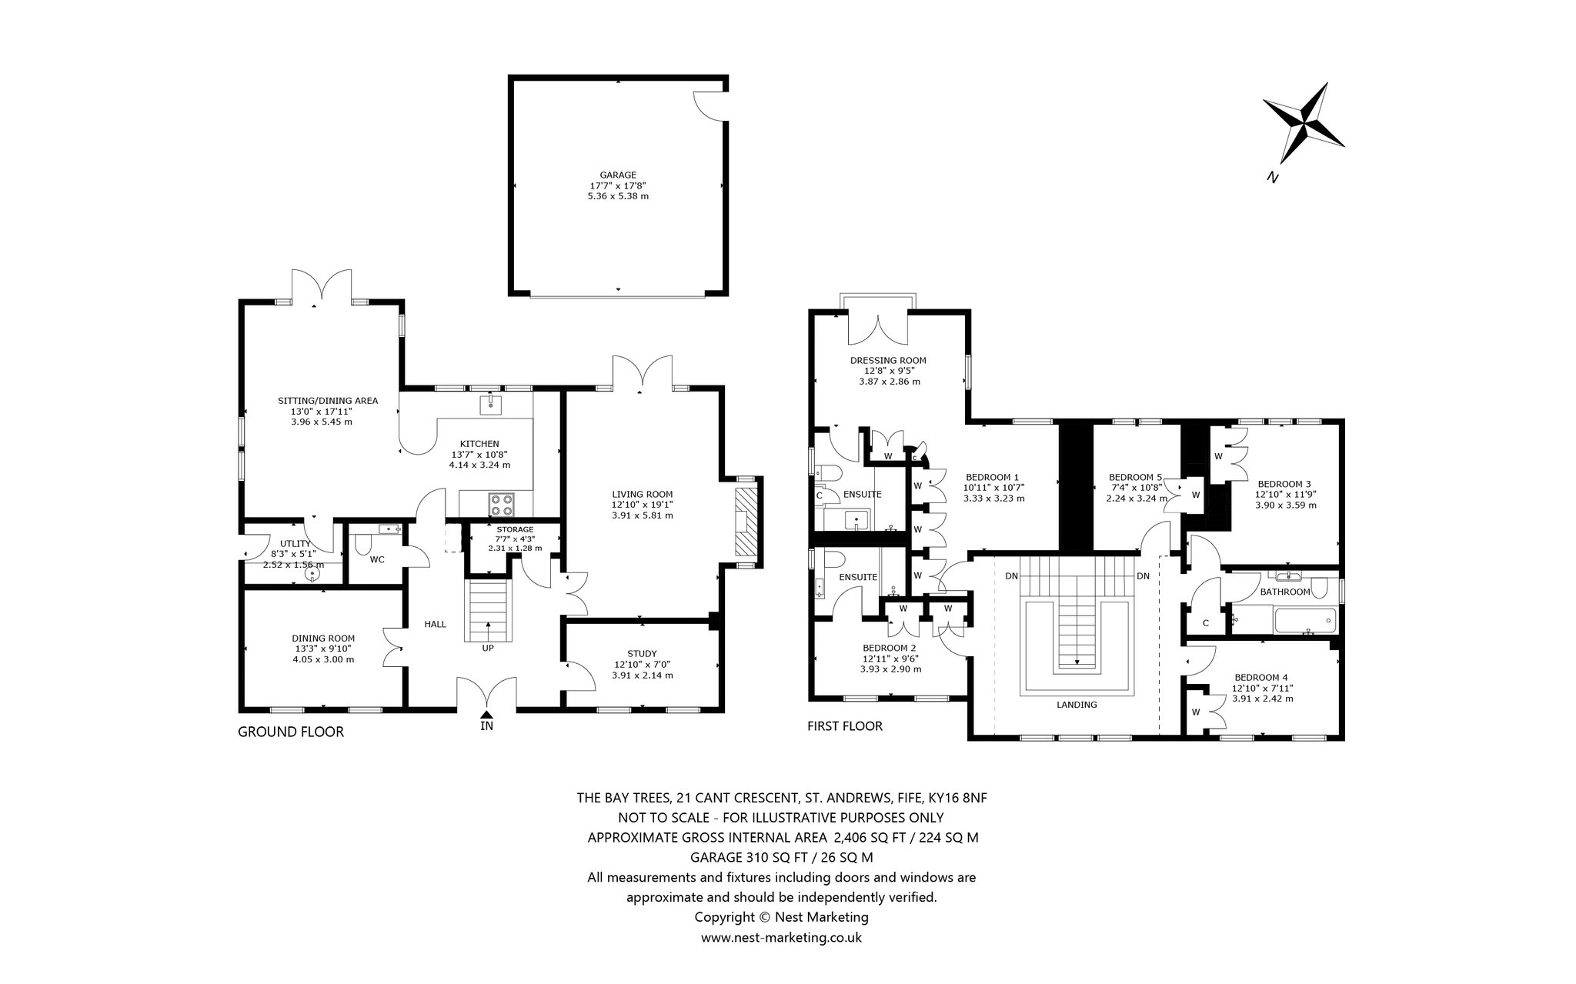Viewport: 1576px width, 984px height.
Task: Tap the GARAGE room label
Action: tap(618, 175)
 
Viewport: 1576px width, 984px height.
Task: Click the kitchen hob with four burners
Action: tap(503, 505)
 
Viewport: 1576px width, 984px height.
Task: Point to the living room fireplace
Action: tap(745, 522)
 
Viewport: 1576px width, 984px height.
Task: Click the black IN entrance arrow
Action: tap(486, 715)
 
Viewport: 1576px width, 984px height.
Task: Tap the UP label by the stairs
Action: tap(488, 648)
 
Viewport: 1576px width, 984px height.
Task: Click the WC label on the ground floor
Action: tap(377, 559)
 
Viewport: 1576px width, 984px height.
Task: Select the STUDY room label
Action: tap(642, 653)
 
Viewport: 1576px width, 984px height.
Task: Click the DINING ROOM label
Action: tap(323, 638)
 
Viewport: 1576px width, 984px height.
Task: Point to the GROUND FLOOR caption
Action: tap(291, 732)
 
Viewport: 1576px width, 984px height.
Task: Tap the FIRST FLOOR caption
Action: tap(845, 725)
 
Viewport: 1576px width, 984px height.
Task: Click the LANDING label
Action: tap(1077, 704)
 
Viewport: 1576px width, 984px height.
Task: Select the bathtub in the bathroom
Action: tap(1306, 620)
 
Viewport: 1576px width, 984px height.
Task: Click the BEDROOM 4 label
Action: tap(1262, 677)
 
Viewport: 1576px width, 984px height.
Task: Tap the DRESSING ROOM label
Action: tap(888, 360)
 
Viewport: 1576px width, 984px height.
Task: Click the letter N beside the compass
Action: tap(1273, 177)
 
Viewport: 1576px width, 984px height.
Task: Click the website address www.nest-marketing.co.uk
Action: tap(781, 937)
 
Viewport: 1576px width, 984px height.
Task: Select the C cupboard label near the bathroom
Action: tap(1205, 622)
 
